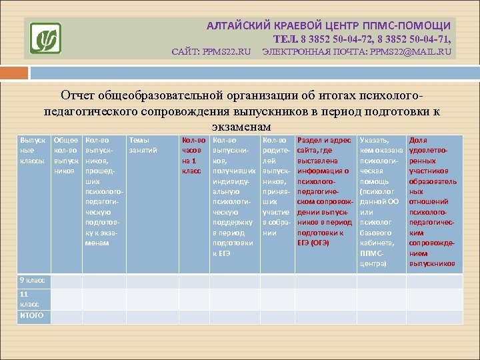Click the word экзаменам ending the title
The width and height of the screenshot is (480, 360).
click(x=241, y=127)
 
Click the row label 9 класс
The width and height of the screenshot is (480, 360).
click(x=33, y=281)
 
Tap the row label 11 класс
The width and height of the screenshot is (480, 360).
click(x=33, y=298)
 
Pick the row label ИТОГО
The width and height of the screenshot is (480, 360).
click(x=33, y=315)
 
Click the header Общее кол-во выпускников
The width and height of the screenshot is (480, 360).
click(x=67, y=155)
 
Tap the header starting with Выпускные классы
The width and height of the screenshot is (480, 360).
click(x=33, y=151)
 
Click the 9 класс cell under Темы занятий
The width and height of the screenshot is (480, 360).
click(x=151, y=281)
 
